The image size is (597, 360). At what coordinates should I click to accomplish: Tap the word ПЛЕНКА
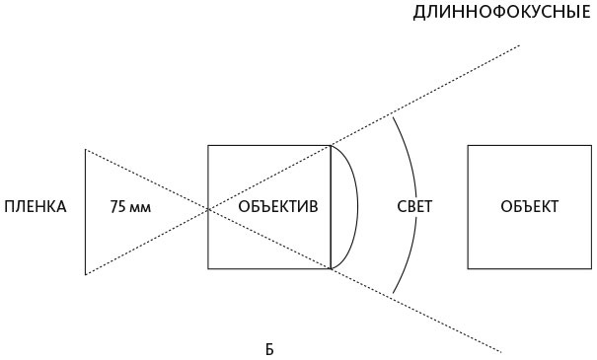35,207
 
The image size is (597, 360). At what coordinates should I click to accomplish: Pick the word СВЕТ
413,207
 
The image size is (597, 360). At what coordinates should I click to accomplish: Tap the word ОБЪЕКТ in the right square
529,207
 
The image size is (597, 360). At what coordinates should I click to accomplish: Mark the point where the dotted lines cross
208,208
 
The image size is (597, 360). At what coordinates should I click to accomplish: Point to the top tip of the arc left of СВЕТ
394,117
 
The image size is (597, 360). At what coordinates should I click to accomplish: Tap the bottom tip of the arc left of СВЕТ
394,294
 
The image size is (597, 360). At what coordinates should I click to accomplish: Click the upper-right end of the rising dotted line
520,45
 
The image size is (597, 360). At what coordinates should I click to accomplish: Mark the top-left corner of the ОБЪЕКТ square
468,146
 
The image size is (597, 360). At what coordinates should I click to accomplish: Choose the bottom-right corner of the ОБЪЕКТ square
590,268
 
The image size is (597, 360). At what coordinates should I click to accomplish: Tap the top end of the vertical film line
85,150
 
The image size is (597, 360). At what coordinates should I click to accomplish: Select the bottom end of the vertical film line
85,274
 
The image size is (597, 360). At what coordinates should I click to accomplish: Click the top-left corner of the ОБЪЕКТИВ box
208,146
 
